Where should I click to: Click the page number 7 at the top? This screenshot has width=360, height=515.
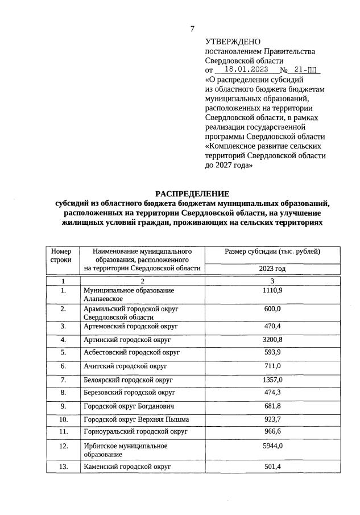click(192, 29)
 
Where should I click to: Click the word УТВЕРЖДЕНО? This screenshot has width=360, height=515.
click(232, 42)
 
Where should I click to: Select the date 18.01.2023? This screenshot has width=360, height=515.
click(244, 70)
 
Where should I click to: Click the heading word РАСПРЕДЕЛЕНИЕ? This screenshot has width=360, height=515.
click(192, 193)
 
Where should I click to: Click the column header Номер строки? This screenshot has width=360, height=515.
click(61, 255)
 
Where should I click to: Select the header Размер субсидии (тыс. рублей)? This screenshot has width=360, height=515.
click(272, 251)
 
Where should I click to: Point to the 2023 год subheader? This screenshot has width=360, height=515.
click(272, 269)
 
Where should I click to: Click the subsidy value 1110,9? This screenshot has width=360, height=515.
click(272, 290)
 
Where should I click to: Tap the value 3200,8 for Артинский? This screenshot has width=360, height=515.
click(272, 340)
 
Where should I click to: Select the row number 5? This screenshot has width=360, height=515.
click(63, 352)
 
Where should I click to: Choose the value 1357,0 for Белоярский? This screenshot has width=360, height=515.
click(272, 379)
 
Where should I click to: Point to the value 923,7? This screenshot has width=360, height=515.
click(272, 419)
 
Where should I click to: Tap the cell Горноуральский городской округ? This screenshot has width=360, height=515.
click(132, 432)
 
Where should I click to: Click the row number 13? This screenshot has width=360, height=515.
click(63, 467)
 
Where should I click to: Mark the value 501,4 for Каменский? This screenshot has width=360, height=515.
click(272, 467)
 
